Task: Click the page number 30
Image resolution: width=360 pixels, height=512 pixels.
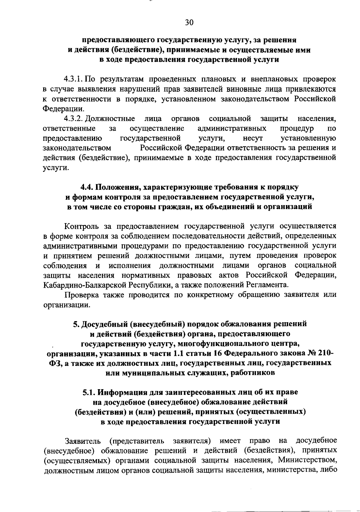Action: [x=189, y=23]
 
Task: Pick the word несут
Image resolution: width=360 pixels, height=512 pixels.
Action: [x=253, y=138]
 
